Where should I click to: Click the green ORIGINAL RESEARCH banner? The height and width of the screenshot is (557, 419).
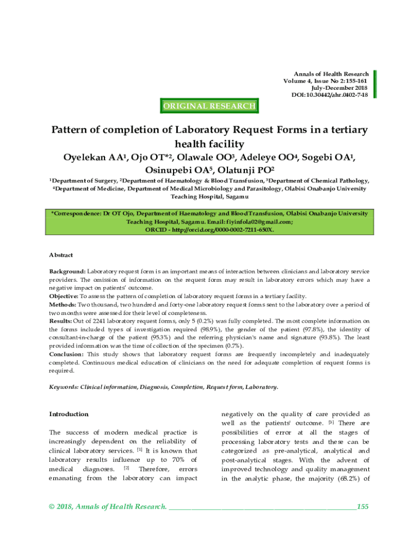pyautogui.click(x=209, y=106)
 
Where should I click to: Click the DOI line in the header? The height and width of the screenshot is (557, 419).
pyautogui.click(x=330, y=95)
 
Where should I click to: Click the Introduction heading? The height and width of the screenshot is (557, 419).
pyautogui.click(x=69, y=414)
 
